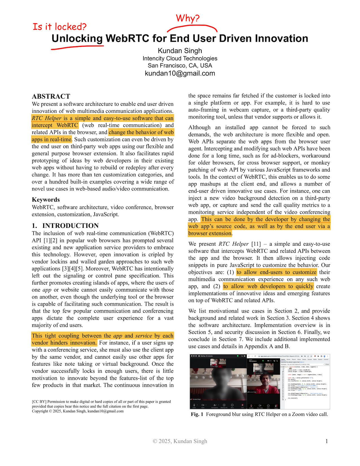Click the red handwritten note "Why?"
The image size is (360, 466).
(x=187, y=18)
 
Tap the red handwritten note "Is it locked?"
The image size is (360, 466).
(x=60, y=27)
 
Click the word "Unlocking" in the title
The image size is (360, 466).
(x=77, y=38)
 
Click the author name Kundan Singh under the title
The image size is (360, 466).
(x=180, y=51)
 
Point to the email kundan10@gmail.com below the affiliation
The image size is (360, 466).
(x=180, y=73)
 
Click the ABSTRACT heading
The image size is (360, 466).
(x=51, y=96)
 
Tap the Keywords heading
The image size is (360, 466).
(x=46, y=200)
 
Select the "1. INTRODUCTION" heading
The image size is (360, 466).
(x=65, y=226)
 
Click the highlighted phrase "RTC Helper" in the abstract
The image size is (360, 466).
(x=47, y=118)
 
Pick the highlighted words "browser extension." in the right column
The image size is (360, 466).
(x=210, y=234)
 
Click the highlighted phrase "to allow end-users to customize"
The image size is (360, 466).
(x=276, y=272)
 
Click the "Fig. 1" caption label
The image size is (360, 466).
(x=197, y=414)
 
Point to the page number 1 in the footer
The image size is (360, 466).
(x=327, y=441)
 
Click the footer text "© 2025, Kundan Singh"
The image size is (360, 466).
(x=180, y=441)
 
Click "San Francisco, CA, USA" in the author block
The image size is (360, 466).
(x=180, y=66)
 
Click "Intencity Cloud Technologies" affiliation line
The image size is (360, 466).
(x=180, y=58)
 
